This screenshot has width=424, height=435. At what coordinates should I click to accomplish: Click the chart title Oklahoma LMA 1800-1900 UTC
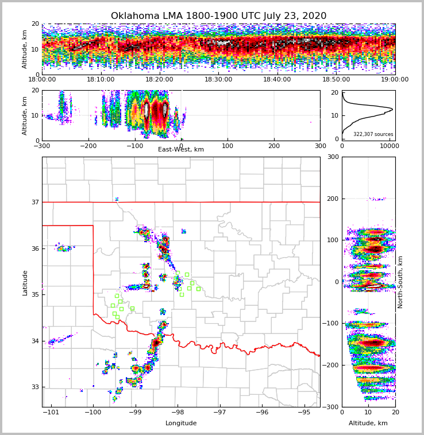click(218, 16)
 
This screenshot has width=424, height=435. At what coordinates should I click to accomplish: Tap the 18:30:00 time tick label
click(218, 80)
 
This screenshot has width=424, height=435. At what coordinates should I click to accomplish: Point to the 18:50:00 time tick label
click(336, 80)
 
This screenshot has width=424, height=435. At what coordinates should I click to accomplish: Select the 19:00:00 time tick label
click(395, 80)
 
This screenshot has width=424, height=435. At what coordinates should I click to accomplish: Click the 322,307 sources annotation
click(373, 134)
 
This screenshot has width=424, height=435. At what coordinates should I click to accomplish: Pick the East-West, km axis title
click(181, 150)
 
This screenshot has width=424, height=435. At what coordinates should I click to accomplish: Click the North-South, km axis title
click(400, 282)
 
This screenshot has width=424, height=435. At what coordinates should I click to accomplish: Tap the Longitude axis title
click(181, 424)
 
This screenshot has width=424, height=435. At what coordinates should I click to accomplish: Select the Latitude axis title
click(25, 282)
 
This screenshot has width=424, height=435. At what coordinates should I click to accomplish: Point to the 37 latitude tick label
click(35, 202)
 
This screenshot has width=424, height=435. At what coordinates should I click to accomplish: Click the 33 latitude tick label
click(35, 387)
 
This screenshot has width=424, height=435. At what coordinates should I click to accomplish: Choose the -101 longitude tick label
click(51, 413)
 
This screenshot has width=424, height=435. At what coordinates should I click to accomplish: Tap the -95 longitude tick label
click(304, 413)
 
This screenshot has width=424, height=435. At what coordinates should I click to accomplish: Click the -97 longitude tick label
click(219, 413)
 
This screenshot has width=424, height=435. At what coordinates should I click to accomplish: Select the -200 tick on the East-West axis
click(88, 146)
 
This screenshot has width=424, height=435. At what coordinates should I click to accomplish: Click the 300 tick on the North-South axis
click(333, 157)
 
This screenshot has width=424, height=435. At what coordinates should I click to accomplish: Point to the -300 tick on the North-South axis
click(331, 407)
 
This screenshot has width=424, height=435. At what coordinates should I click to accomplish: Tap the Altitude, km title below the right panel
click(368, 424)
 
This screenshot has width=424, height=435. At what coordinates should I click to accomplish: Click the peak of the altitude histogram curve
click(393, 108)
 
